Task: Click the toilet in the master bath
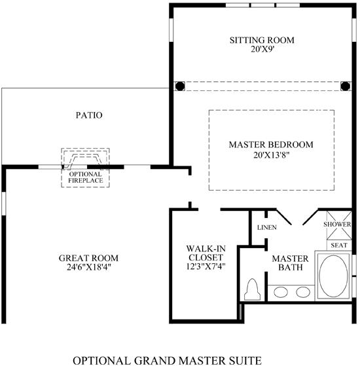pyautogui.click(x=252, y=289)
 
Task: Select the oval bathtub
pyautogui.click(x=333, y=276)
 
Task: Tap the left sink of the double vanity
pyautogui.click(x=281, y=292)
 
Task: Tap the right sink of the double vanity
pyautogui.click(x=303, y=292)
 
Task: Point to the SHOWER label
pyautogui.click(x=337, y=225)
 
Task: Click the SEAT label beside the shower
pyautogui.click(x=339, y=246)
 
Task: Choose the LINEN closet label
pyautogui.click(x=267, y=227)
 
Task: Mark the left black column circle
pyautogui.click(x=180, y=86)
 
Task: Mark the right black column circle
pyautogui.click(x=345, y=86)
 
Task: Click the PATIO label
pyautogui.click(x=89, y=115)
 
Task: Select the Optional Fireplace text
pyautogui.click(x=86, y=177)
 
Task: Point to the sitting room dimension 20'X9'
pyautogui.click(x=262, y=50)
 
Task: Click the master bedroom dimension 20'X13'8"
pyautogui.click(x=272, y=155)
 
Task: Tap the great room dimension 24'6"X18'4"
pyautogui.click(x=88, y=267)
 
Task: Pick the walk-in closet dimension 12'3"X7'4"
pyautogui.click(x=206, y=266)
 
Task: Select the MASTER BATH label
pyautogui.click(x=290, y=263)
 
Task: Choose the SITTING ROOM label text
pyautogui.click(x=262, y=40)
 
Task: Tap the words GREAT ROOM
pyautogui.click(x=88, y=258)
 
